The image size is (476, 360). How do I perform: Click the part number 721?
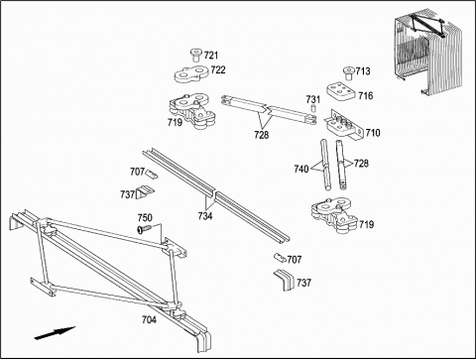[211, 56]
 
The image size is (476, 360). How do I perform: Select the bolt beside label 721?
[196, 55]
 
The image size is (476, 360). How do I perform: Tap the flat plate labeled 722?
[190, 74]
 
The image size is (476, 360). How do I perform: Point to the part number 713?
[363, 71]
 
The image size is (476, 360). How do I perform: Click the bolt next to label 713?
[348, 73]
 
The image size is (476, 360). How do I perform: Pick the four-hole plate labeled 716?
[341, 91]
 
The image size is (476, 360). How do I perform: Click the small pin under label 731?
[313, 108]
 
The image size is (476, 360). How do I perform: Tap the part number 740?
[301, 170]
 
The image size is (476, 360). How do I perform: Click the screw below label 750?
[144, 229]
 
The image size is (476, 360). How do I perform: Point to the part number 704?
[149, 319]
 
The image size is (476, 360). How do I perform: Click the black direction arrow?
[55, 332]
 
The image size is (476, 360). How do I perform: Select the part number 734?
[205, 216]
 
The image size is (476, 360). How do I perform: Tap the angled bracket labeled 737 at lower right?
[285, 280]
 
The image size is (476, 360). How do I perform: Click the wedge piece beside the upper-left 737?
[145, 192]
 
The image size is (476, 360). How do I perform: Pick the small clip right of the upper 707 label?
[152, 175]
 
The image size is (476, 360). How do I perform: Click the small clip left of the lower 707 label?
[280, 258]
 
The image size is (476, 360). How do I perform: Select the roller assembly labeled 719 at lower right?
[334, 215]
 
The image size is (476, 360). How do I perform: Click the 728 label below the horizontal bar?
[262, 135]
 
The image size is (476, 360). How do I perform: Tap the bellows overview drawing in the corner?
[425, 55]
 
